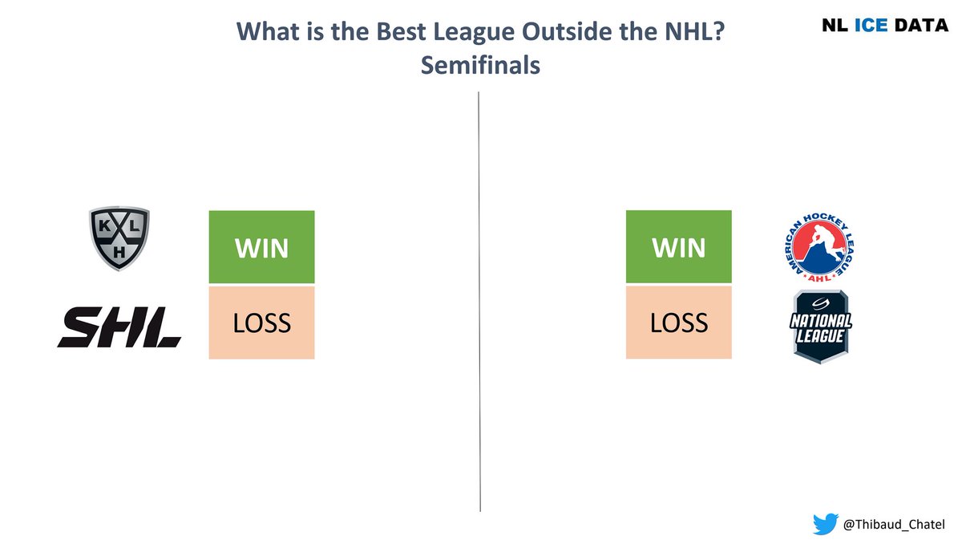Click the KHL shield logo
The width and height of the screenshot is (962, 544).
tap(119, 239)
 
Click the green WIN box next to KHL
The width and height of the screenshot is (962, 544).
tap(261, 247)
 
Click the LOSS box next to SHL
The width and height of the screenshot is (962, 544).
tap(261, 322)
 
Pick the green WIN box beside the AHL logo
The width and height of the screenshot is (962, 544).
tap(678, 247)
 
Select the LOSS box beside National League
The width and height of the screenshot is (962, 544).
tap(678, 322)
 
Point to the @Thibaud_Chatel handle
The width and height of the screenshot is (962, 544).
tap(895, 526)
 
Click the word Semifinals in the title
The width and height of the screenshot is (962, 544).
tap(480, 66)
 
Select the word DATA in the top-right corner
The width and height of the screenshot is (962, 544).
tap(922, 25)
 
